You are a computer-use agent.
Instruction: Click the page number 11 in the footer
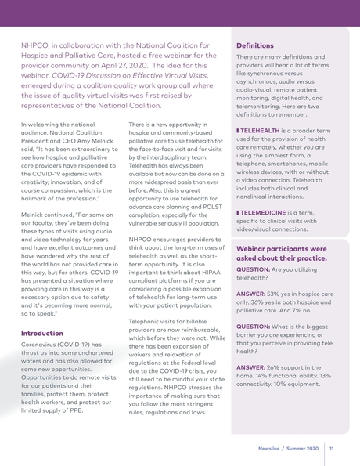[x=332, y=449]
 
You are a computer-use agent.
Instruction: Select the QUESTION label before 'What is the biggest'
[x=257, y=327]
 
